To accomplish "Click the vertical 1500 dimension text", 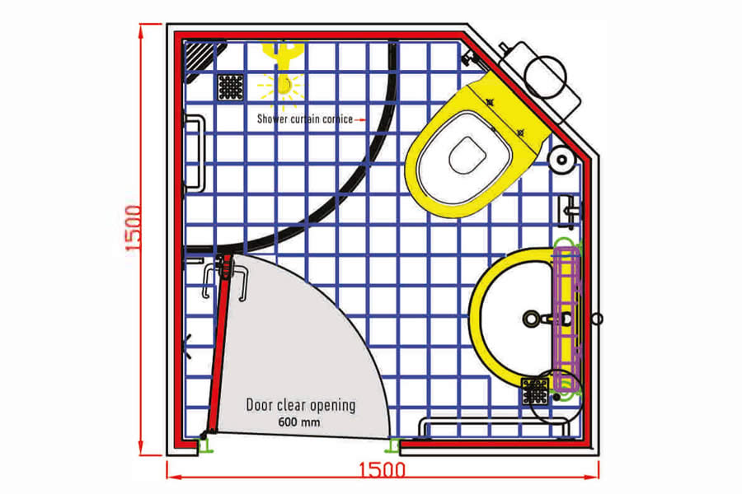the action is pos(134,228).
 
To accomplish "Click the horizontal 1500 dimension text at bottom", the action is pos(382,470).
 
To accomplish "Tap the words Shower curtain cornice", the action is pos(305,119).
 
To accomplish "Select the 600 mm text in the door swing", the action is pos(298,422).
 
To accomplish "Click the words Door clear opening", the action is pos(300,405).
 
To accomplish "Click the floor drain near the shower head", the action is pos(231,87).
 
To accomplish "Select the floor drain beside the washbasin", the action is pos(535,391).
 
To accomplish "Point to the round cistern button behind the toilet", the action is pos(546,77).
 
